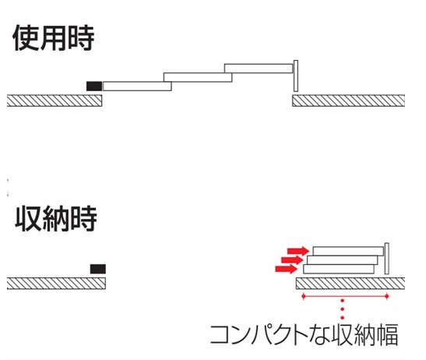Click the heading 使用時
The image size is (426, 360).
point(54,38)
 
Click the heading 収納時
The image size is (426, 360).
point(56,219)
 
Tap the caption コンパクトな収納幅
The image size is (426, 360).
point(304,335)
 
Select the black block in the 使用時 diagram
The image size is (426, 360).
point(94,86)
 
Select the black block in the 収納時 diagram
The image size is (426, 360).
point(98,269)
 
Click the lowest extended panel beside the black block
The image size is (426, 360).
point(137,86)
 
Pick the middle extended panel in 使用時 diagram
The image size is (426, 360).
point(198,77)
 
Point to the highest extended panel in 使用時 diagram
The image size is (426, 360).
point(259,69)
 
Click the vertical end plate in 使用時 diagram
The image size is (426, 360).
point(296,76)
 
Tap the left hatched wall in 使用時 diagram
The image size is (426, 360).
point(55,101)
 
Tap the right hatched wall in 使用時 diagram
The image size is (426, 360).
point(349,101)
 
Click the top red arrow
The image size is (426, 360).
point(298,250)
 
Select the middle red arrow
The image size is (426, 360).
point(292,259)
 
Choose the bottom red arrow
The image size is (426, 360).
point(286,269)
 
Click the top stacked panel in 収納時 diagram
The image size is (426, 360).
point(348,251)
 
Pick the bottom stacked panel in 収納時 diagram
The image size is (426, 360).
point(339,269)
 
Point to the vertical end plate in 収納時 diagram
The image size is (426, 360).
point(387,259)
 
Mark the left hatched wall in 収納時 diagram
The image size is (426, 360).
point(56,284)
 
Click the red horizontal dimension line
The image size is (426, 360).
point(345,296)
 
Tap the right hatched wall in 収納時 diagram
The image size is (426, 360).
point(350,284)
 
